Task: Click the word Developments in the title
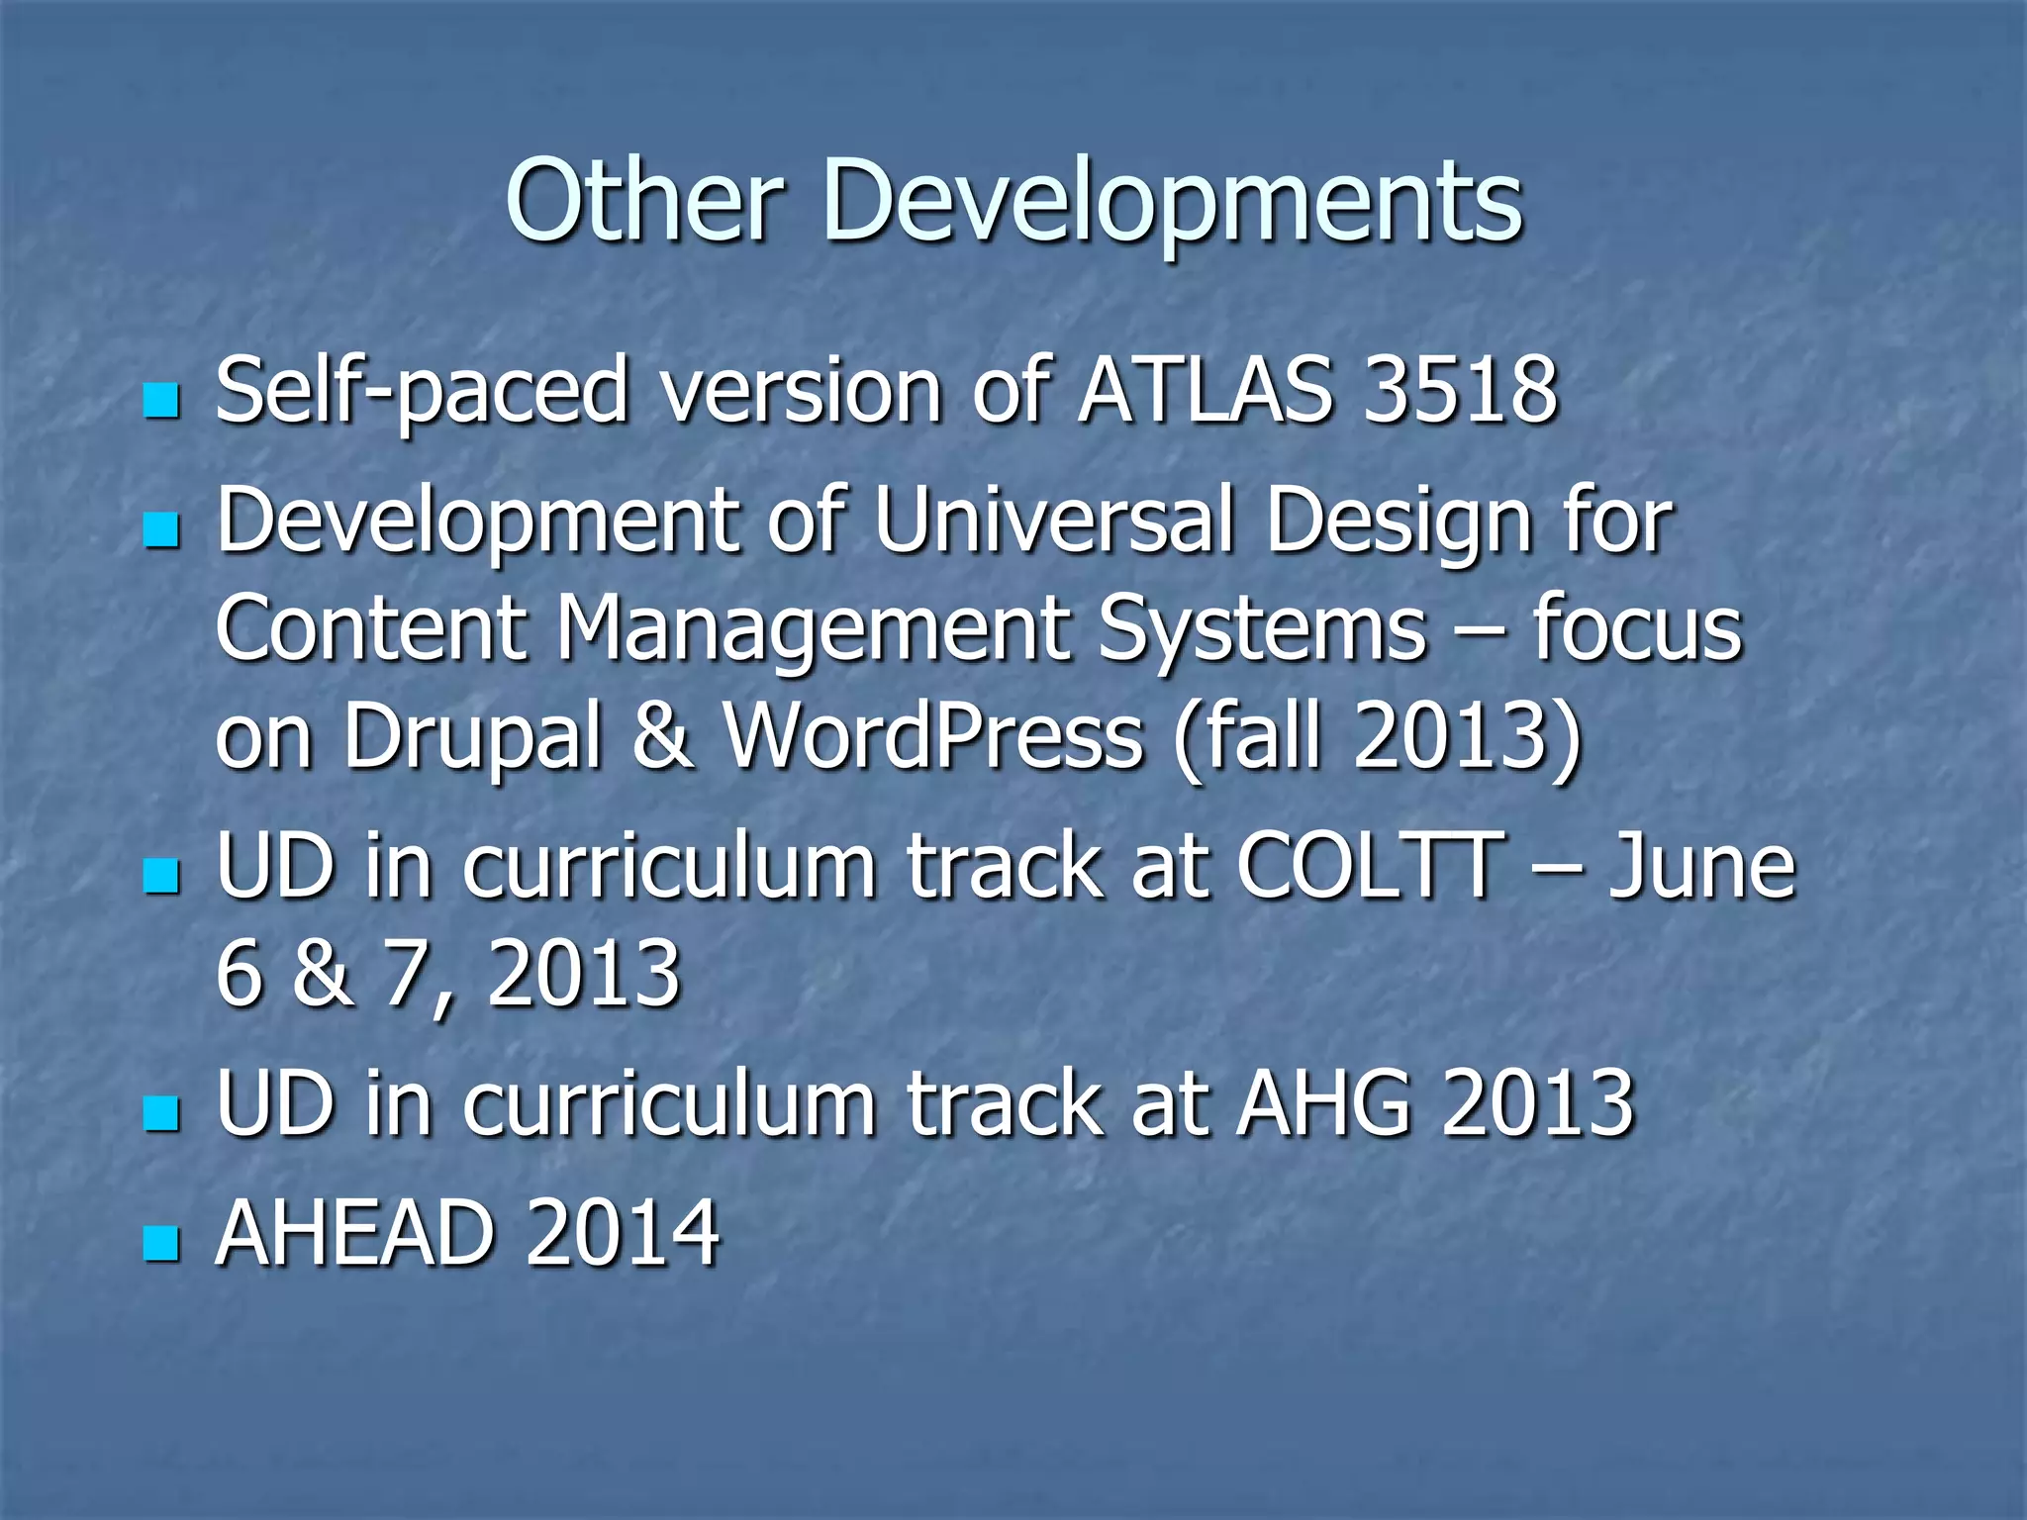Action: tap(1173, 203)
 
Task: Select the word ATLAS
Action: tap(1206, 391)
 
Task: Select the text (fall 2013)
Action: tap(1377, 737)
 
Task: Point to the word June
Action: tap(1700, 867)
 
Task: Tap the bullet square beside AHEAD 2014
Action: tap(161, 1243)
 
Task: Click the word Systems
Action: tap(1262, 630)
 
